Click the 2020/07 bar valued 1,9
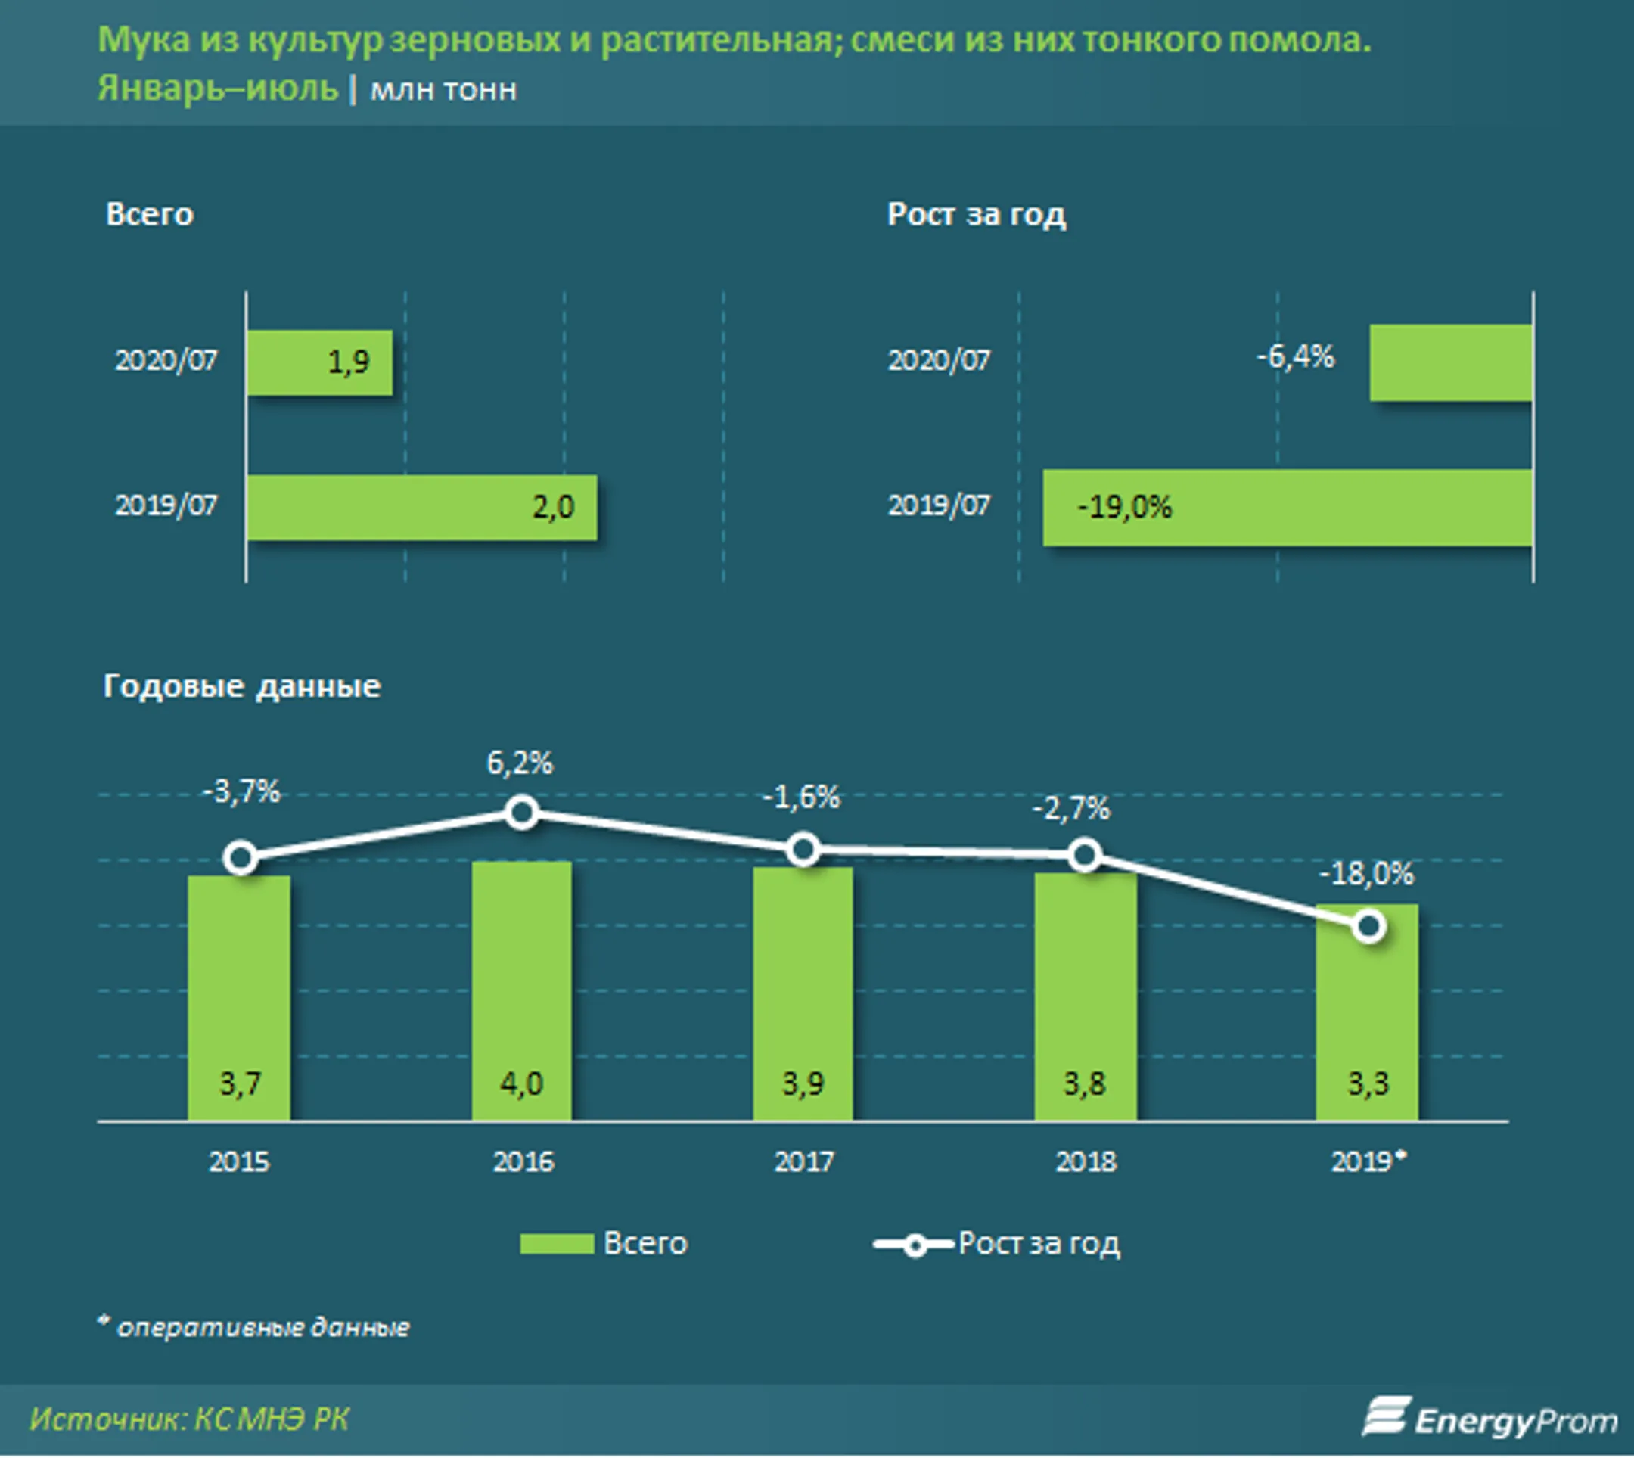tap(319, 362)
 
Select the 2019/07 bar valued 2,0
tap(421, 507)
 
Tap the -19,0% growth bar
tap(1288, 508)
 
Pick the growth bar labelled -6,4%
tap(1452, 362)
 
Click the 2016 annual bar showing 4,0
tap(521, 990)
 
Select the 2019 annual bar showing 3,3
tap(1367, 1012)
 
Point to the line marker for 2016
tap(522, 813)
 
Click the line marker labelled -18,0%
tap(1369, 927)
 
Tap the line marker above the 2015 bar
tap(241, 858)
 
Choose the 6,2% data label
tap(520, 763)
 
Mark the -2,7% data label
tap(1071, 808)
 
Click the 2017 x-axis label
tap(804, 1161)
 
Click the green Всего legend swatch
tap(557, 1243)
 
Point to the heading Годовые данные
tap(242, 686)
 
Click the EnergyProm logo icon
tap(1385, 1416)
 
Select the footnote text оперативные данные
tap(263, 1327)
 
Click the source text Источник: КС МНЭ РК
tap(190, 1419)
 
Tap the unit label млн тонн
tap(443, 90)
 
